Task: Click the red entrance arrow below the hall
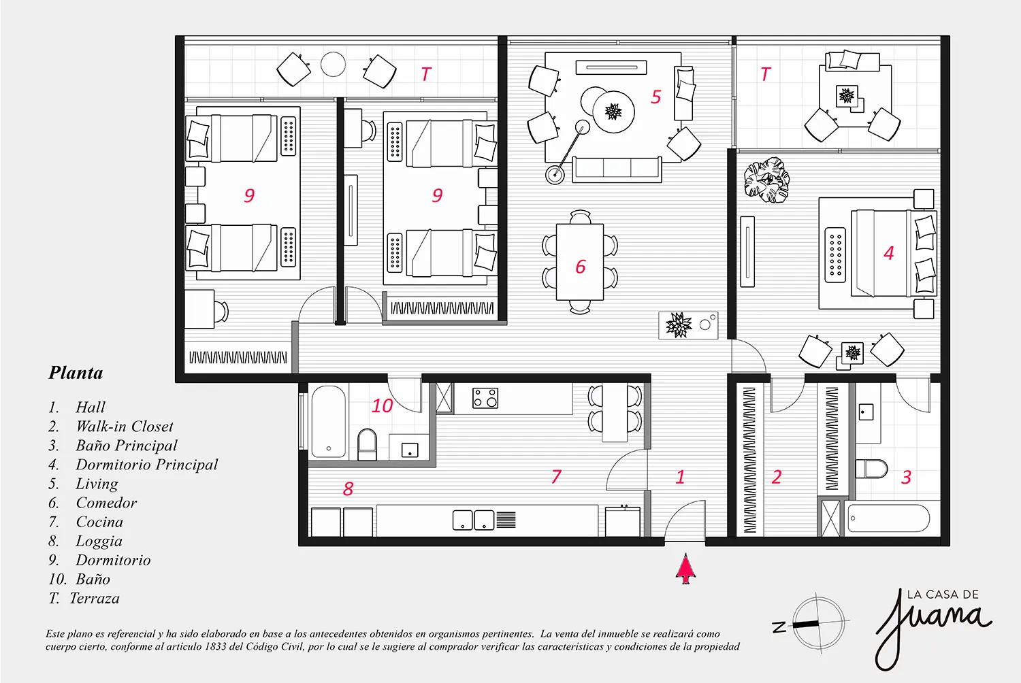point(685,569)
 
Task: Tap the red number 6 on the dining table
point(580,267)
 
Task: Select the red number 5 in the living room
point(656,97)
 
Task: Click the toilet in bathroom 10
point(367,444)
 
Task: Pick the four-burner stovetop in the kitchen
point(485,398)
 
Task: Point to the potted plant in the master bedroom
point(766,180)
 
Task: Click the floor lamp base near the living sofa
point(555,174)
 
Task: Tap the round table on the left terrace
point(333,64)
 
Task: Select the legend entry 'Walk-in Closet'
point(125,427)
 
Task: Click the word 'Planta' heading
point(76,373)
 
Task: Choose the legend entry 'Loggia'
point(99,542)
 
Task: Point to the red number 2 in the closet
point(777,477)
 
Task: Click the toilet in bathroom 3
point(871,469)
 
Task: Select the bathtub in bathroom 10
point(329,423)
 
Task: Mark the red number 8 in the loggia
point(349,489)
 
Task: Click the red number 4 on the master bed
point(889,253)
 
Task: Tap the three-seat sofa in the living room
point(617,169)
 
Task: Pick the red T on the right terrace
point(765,74)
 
